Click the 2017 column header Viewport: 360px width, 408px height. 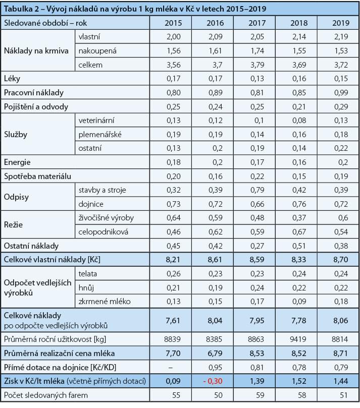pos(259,23)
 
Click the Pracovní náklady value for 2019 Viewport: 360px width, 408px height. pos(340,93)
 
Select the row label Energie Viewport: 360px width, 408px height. pos(17,162)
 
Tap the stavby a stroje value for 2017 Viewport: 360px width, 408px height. pos(259,190)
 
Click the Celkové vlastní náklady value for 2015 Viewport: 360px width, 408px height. pos(175,259)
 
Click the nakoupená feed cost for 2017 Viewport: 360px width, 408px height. pos(259,51)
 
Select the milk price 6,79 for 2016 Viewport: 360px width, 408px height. pos(216,353)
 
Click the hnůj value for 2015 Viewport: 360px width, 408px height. pos(175,287)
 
